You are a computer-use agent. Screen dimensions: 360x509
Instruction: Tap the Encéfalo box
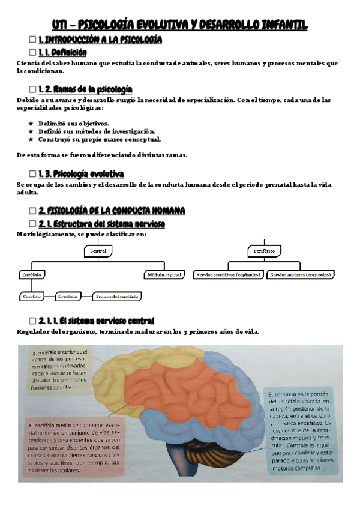(x=31, y=274)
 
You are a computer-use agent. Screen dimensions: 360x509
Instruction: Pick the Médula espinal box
(x=164, y=274)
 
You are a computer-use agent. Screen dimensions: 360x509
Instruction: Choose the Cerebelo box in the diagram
(x=68, y=296)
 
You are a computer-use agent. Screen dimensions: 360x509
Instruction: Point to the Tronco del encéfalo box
(x=118, y=296)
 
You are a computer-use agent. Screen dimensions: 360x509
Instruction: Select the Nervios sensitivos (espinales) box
(x=228, y=274)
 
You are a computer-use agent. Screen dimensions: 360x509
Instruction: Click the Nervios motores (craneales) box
(x=301, y=274)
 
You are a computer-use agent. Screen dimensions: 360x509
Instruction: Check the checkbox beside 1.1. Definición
(x=32, y=52)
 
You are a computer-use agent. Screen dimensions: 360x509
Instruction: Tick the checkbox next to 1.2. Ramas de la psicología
(x=32, y=89)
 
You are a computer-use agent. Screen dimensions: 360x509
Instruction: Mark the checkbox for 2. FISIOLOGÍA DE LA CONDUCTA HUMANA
(x=32, y=211)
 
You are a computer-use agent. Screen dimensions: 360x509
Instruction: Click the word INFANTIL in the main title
(x=280, y=25)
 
